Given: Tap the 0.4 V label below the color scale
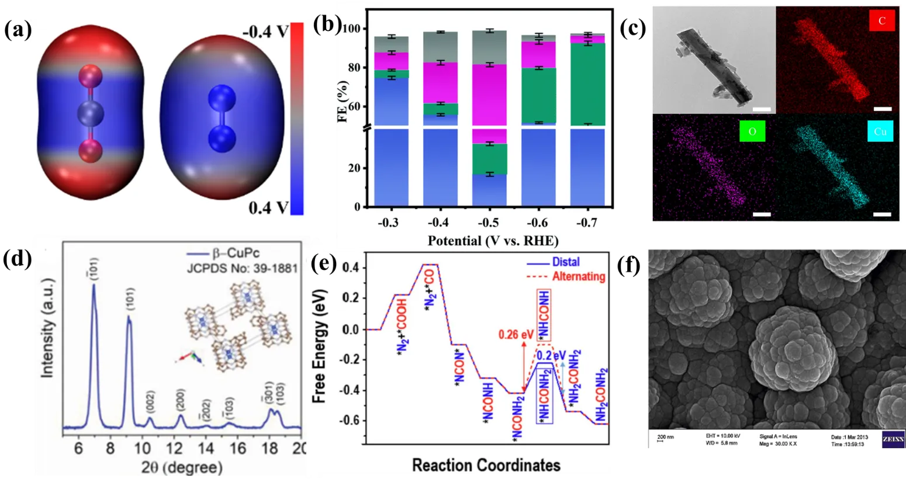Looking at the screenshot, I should point(268,207).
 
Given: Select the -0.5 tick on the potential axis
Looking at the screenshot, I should point(488,223).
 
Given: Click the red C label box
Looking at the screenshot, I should point(882,21).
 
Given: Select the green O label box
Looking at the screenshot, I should point(752,131).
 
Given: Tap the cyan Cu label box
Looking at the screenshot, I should point(880,131).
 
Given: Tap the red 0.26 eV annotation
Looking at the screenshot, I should point(516,335).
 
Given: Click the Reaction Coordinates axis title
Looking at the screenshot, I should point(486,465).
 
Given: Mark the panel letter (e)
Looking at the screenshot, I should point(323,264).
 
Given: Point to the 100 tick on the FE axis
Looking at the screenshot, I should point(354,29).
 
